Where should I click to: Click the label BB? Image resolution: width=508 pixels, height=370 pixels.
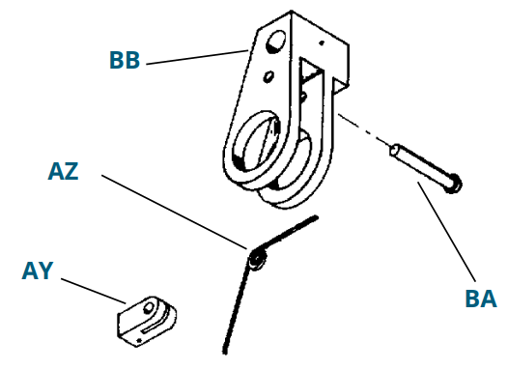tap(125, 60)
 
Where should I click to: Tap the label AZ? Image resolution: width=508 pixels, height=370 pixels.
tap(63, 172)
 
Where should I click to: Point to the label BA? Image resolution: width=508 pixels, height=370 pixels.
tap(480, 298)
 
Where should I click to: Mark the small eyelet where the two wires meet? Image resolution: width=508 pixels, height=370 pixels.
tap(257, 258)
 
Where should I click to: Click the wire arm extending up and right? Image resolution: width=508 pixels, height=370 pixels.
tap(289, 234)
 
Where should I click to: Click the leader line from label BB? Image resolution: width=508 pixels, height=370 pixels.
tap(193, 55)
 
